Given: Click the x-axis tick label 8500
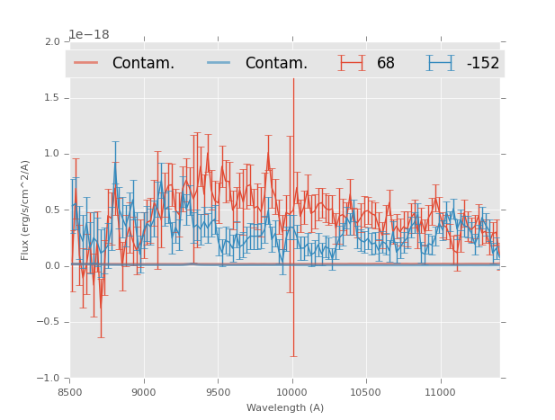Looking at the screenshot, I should click(70, 392).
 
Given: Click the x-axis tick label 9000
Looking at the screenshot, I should click(144, 392).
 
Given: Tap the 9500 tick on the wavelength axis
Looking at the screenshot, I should click(218, 392).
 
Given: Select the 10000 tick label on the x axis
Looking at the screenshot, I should click(291, 392).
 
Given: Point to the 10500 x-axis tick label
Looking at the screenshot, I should click(366, 392).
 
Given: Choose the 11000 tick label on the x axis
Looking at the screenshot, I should click(440, 392).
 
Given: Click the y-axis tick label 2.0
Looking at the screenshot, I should click(51, 42).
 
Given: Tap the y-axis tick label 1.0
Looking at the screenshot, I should click(51, 154).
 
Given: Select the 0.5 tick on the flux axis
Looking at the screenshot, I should click(51, 210).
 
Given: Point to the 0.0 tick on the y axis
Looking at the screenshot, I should click(51, 266).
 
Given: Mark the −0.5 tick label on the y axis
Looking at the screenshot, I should click(49, 323).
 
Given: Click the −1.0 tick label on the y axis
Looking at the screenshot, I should click(49, 379).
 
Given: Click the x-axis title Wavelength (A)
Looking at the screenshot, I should click(285, 407).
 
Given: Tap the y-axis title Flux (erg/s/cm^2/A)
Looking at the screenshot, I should click(26, 210).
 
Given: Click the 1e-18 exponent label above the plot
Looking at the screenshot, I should click(89, 35).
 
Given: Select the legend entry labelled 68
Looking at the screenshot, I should click(385, 63).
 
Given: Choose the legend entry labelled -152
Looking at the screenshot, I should click(482, 63).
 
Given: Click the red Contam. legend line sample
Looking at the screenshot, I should click(86, 63).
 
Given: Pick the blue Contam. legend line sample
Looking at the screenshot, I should click(219, 63).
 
